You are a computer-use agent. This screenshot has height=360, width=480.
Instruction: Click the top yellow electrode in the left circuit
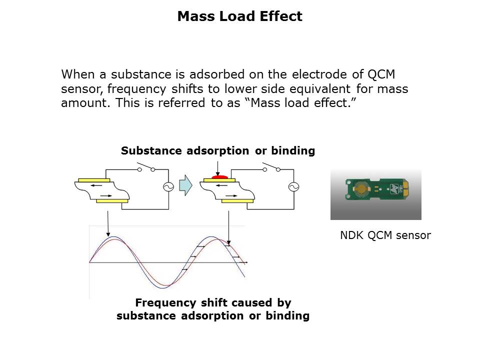point(94,180)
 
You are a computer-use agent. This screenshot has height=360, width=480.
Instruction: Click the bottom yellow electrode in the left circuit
point(112,200)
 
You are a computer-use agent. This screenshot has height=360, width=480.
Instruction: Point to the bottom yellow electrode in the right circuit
point(237,200)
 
